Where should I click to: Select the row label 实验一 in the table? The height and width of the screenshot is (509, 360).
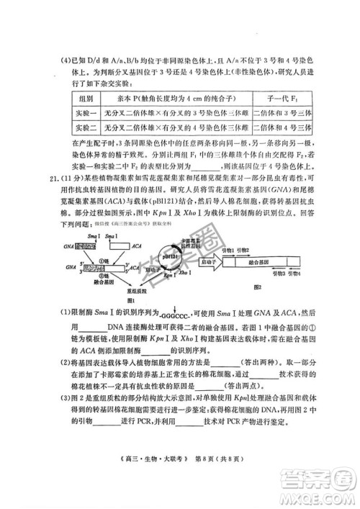[85, 112]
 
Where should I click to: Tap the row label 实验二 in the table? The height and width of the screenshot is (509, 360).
[85, 127]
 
